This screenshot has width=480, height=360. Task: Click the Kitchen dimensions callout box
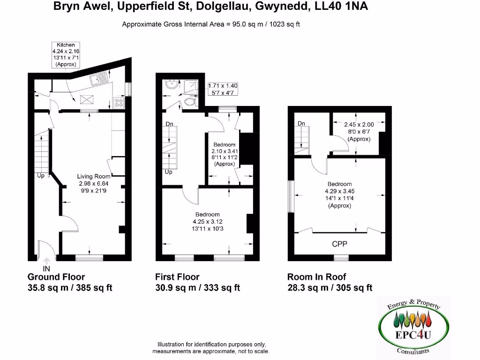tap(66, 54)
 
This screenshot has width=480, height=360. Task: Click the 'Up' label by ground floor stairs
tap(41, 175)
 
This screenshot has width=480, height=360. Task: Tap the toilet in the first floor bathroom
tap(191, 102)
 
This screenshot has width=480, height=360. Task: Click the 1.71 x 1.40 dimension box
tap(223, 89)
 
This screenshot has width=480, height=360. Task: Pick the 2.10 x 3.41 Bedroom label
tap(225, 154)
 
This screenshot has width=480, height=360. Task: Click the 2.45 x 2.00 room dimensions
tap(359, 132)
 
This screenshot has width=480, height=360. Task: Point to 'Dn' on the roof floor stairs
tap(302, 123)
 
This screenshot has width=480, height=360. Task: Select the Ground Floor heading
tap(56, 277)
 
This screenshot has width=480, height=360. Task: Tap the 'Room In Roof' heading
tap(317, 277)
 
